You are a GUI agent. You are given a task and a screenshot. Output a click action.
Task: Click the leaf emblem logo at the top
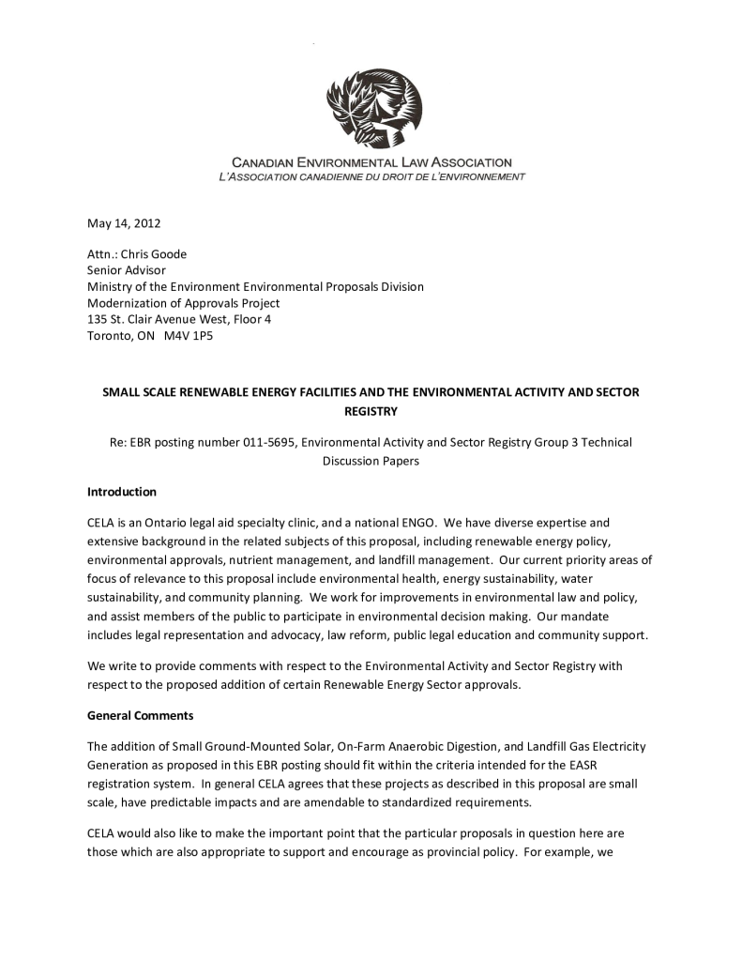pos(374,107)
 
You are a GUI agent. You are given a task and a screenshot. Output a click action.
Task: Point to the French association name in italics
pos(371,176)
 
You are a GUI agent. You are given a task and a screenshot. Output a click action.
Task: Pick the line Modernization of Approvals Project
pos(184,303)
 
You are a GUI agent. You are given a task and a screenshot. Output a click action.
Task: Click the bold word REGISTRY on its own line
pos(371,411)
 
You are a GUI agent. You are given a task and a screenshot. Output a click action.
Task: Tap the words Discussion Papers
pos(371,461)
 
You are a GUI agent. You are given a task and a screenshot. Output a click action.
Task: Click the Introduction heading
pos(122,492)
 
